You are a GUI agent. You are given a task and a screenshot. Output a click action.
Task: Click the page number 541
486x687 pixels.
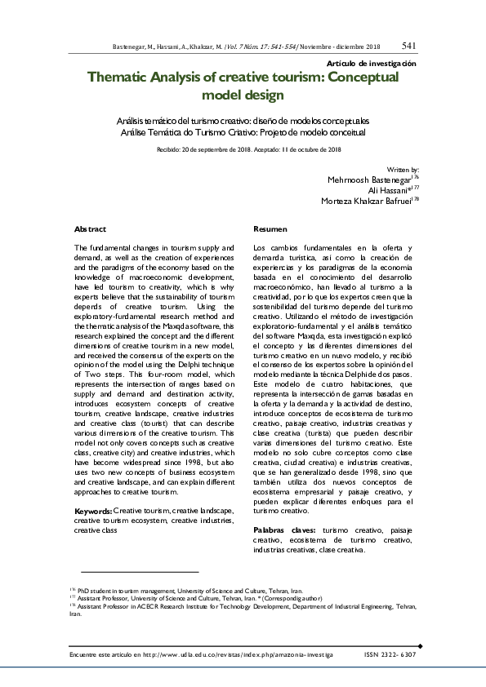pos(409,46)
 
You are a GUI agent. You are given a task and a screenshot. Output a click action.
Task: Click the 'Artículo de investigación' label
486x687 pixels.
pos(372,64)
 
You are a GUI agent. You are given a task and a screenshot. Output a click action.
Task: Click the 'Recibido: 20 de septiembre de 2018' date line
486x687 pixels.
pos(205,149)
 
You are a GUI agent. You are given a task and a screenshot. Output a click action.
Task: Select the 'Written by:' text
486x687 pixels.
pos(404,167)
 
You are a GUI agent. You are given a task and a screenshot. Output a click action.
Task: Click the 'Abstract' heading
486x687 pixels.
pos(90,230)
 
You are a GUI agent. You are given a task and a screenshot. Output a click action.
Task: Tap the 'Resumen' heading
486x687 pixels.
pos(269,230)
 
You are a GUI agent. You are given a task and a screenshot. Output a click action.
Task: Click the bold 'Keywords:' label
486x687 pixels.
pos(92,511)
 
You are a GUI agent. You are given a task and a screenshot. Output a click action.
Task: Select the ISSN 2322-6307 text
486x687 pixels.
pos(389,654)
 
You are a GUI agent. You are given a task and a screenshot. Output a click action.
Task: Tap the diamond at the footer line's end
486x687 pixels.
pos(420,645)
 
